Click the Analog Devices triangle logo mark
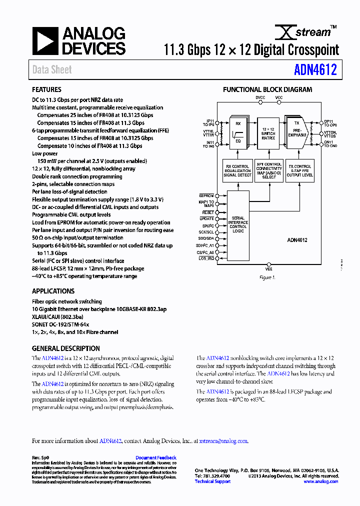coord(45,41)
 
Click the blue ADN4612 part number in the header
coord(315,69)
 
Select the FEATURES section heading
coord(46,90)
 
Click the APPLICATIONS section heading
coord(53,291)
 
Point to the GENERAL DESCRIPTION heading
coord(65,348)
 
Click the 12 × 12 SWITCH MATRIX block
coord(268,133)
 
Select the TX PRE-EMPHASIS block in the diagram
coord(297,133)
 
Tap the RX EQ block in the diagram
coord(238,133)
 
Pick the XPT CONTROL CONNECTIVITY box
coord(268,170)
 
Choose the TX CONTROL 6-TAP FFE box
coord(299,170)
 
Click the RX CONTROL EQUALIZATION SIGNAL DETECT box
coord(238,170)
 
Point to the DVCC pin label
coord(260,97)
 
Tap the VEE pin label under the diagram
coord(269,268)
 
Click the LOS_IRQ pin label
coord(206,258)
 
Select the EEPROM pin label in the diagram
coord(206,195)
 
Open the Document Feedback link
coord(156,457)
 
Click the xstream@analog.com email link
coord(223,441)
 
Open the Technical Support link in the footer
coord(212,481)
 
